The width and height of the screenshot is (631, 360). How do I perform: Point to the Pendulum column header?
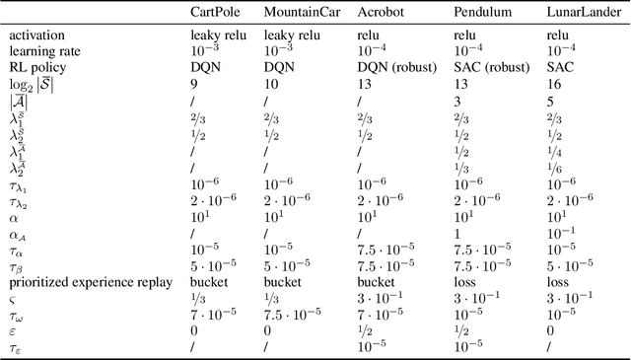point(482,13)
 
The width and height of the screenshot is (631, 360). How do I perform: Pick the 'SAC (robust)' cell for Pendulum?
point(492,68)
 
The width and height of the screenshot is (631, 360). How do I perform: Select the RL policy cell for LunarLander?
point(559,68)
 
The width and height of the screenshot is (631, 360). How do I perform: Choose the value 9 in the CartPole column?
point(193,85)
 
